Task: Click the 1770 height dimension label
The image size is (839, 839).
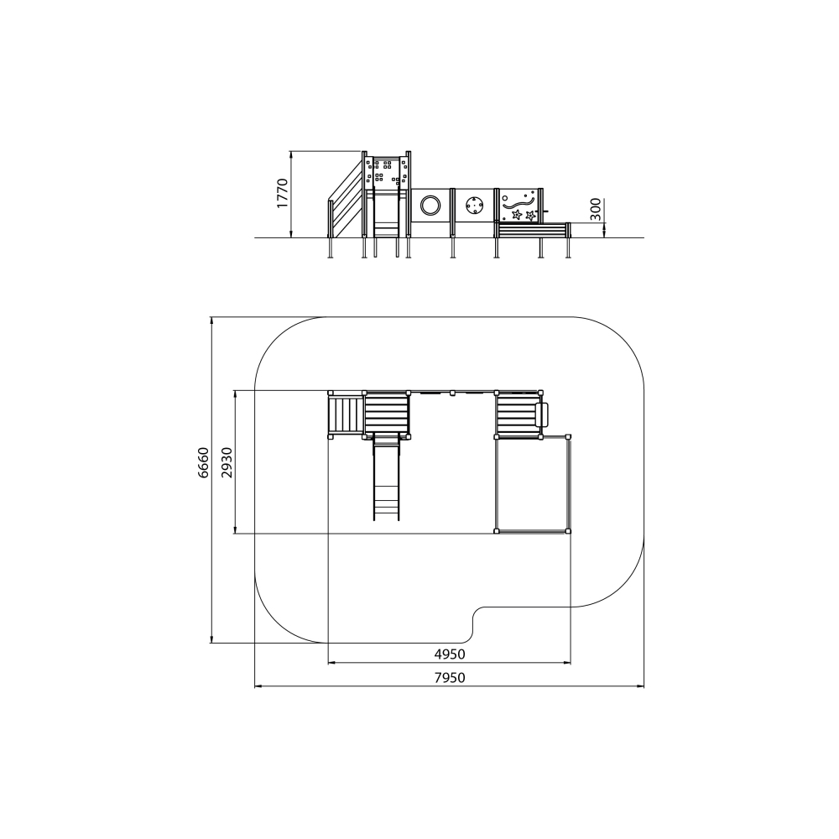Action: [x=282, y=193]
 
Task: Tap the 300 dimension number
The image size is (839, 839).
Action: [x=596, y=210]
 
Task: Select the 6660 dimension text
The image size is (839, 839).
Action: [x=203, y=462]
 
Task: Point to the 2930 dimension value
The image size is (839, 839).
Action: [x=227, y=462]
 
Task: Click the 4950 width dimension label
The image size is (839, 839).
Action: [x=450, y=654]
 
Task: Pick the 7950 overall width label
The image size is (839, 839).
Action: [x=450, y=678]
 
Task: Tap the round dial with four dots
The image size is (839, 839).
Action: [x=474, y=205]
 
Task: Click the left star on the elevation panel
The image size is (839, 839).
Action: [x=517, y=215]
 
